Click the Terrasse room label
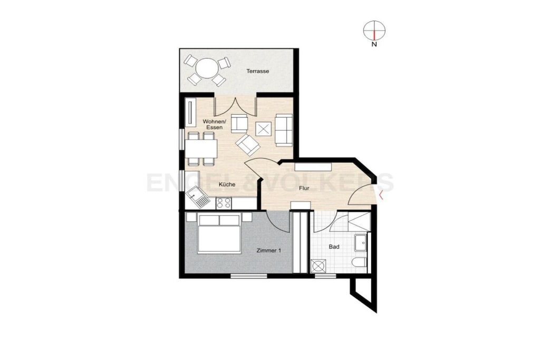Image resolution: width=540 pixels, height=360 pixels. pyautogui.click(x=257, y=71)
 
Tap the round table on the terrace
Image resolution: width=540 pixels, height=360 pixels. pyautogui.click(x=206, y=69)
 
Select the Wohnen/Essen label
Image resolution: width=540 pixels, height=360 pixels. pyautogui.click(x=214, y=124)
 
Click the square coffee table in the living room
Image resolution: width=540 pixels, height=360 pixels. pyautogui.click(x=264, y=130)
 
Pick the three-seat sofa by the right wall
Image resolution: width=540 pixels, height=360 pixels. pyautogui.click(x=284, y=130)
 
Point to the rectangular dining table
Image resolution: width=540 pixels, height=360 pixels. pyautogui.click(x=201, y=148)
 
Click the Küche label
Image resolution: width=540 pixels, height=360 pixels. pyautogui.click(x=227, y=184)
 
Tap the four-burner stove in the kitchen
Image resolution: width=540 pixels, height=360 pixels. pyautogui.click(x=224, y=203)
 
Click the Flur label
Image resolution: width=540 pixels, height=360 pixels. pyautogui.click(x=304, y=188)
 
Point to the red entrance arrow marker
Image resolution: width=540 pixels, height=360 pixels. pyautogui.click(x=381, y=196)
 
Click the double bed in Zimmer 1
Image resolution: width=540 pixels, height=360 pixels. pyautogui.click(x=219, y=233)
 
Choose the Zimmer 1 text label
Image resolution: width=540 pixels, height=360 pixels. pyautogui.click(x=268, y=250)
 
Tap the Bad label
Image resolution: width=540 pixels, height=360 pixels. pyautogui.click(x=334, y=247)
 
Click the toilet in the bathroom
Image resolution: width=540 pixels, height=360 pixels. pyautogui.click(x=360, y=263)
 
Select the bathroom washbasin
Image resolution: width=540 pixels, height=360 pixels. pyautogui.click(x=362, y=242)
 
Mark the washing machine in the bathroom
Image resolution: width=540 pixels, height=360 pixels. pyautogui.click(x=317, y=266)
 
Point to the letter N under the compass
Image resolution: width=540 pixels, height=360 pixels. pyautogui.click(x=374, y=44)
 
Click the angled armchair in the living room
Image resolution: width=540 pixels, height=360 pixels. pyautogui.click(x=248, y=144)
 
